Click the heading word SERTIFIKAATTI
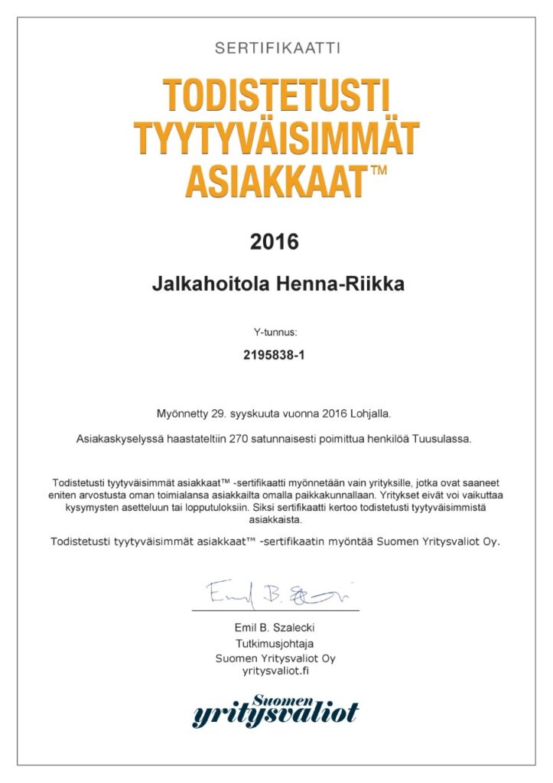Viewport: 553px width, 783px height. point(277,48)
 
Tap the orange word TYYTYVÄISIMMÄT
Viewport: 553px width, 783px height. point(277,137)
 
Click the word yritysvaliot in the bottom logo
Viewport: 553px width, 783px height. point(275,715)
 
